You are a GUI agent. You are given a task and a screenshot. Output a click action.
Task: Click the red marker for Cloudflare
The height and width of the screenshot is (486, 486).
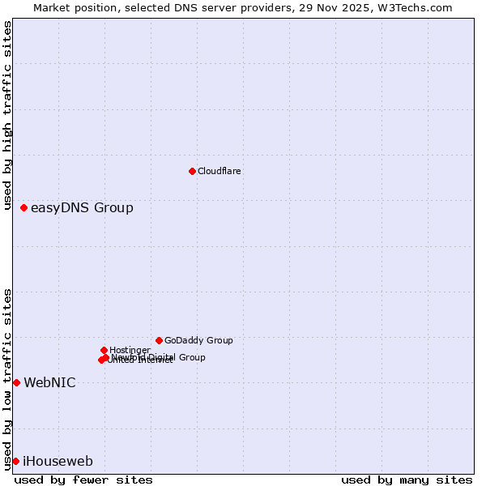[x=192, y=171]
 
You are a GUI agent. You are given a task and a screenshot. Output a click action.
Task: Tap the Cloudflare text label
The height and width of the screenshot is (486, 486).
[x=220, y=171]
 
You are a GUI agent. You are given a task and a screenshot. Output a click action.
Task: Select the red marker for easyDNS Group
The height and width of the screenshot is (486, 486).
[x=24, y=208]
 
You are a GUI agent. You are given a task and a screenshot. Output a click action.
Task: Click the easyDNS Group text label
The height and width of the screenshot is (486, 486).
[x=82, y=208]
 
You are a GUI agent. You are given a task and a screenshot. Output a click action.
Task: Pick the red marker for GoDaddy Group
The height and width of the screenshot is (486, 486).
[x=159, y=340]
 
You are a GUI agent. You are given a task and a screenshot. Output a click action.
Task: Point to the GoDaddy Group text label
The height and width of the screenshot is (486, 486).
[x=198, y=340]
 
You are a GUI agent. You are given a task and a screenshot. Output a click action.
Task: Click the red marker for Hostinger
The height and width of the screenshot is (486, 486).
[x=104, y=350]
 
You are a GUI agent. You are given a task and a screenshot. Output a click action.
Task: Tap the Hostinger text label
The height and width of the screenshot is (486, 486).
[x=130, y=350]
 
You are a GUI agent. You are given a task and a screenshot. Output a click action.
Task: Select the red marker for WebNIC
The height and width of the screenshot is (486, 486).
[x=16, y=382]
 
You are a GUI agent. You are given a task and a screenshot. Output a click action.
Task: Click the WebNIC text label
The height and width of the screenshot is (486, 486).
[x=49, y=383]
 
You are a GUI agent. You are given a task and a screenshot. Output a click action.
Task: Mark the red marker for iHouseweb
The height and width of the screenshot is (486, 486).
[x=15, y=461]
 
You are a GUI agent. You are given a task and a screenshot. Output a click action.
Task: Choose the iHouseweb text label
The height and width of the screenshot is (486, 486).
[x=58, y=462]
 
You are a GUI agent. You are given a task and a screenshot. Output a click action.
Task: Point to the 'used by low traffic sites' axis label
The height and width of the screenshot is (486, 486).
[x=7, y=378]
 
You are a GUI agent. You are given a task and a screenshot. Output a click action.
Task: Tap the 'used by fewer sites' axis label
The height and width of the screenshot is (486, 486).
[x=83, y=480]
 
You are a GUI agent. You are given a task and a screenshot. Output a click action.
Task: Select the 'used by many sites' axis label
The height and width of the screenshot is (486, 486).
[x=407, y=480]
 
